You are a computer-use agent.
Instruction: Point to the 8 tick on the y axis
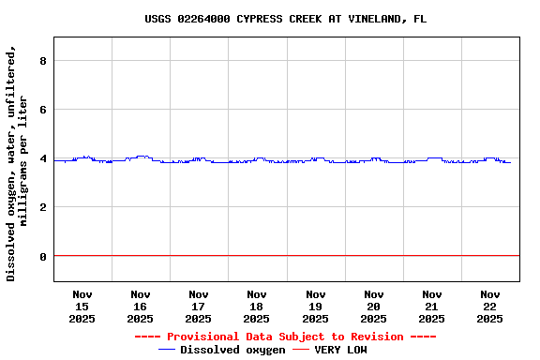point(43,61)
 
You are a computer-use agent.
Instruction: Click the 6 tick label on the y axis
point(43,110)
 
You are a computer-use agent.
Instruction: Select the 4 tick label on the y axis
point(43,158)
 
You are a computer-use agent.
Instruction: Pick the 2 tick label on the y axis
point(43,207)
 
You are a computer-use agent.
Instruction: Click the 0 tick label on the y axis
point(43,256)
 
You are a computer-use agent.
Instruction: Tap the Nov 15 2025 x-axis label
point(82,307)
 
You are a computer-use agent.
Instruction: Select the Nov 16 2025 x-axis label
point(141,307)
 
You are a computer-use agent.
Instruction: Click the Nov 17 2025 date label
point(199,307)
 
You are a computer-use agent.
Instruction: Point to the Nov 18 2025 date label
point(257,307)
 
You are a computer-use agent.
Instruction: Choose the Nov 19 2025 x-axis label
point(316,307)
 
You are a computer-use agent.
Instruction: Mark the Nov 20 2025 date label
point(374,307)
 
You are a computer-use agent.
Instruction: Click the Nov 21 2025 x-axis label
point(432,307)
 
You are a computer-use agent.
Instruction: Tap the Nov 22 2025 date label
point(490,307)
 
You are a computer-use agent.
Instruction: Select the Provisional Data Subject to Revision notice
point(285,337)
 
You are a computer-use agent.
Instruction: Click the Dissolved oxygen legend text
point(232,350)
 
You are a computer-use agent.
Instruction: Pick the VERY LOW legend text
point(340,350)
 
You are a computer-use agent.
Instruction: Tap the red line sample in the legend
point(301,350)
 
